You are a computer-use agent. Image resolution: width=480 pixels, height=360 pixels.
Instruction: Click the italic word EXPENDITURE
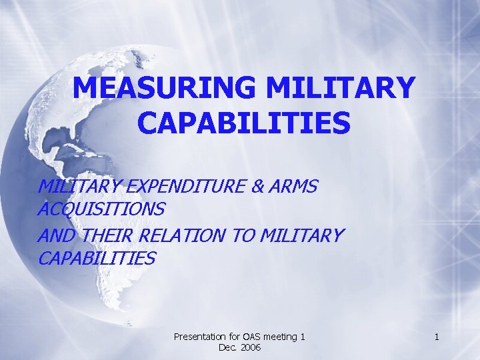175,187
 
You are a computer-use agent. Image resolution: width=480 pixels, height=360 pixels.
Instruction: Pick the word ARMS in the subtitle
292,187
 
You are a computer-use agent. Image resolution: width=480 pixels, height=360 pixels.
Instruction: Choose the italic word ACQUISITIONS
101,209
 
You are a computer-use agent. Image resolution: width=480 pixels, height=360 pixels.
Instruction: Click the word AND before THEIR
57,235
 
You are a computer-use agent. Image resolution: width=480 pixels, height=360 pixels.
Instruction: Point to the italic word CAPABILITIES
97,258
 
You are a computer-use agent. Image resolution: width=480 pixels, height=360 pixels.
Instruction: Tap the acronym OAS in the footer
252,337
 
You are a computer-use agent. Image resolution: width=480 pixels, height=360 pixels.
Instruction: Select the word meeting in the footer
282,337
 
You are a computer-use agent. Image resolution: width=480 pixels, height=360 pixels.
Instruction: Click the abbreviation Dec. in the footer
228,348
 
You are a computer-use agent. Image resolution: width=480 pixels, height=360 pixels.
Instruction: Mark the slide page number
436,337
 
